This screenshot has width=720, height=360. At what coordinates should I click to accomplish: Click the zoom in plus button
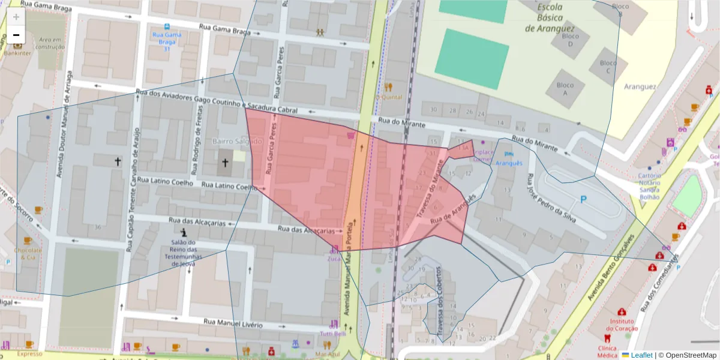(16, 16)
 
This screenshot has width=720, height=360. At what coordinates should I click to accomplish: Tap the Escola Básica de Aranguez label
(550, 18)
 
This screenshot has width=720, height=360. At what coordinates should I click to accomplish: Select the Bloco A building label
(565, 89)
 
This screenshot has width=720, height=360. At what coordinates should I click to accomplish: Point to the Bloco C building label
(608, 67)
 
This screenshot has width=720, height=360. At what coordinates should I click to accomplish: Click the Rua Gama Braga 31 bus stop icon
(166, 27)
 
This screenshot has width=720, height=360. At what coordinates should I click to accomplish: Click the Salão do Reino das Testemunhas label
(184, 253)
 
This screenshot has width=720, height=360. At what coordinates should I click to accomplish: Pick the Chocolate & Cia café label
(28, 253)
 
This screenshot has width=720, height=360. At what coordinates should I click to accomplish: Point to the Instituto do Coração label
(622, 325)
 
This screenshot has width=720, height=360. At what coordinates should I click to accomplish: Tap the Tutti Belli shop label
(333, 334)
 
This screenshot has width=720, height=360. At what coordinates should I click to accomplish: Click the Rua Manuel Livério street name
(233, 325)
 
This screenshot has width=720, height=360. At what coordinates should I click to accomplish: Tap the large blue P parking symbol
(582, 199)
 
